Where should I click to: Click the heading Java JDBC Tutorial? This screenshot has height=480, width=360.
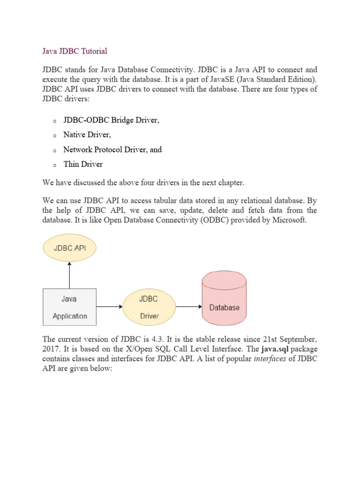(75, 51)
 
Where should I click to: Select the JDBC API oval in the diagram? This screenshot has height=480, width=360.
(69, 248)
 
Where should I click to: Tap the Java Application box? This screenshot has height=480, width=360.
(69, 307)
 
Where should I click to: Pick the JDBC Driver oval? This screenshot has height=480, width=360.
(149, 307)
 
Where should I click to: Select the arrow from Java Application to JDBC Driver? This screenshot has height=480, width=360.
(110, 307)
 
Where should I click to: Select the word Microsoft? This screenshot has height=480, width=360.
(289, 220)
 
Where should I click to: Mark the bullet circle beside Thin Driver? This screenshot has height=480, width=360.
(54, 165)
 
